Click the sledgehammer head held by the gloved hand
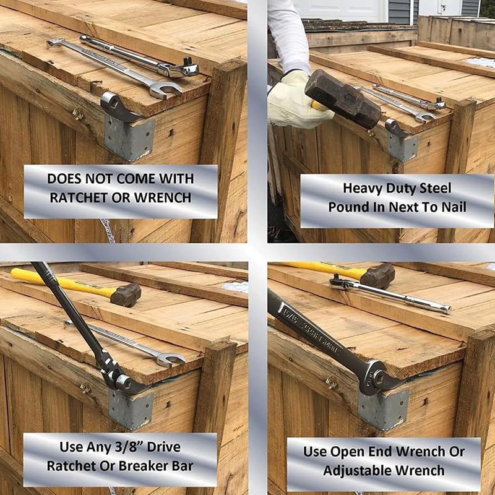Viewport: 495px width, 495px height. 343,98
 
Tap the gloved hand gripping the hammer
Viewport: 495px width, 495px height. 295,101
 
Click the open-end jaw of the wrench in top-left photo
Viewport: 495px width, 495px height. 166,90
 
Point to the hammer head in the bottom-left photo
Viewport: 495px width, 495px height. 126,295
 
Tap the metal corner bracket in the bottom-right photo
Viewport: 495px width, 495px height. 383,410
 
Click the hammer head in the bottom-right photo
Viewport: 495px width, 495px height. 377,275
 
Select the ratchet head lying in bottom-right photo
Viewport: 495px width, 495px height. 340,283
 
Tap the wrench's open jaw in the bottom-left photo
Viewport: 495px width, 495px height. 171,359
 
